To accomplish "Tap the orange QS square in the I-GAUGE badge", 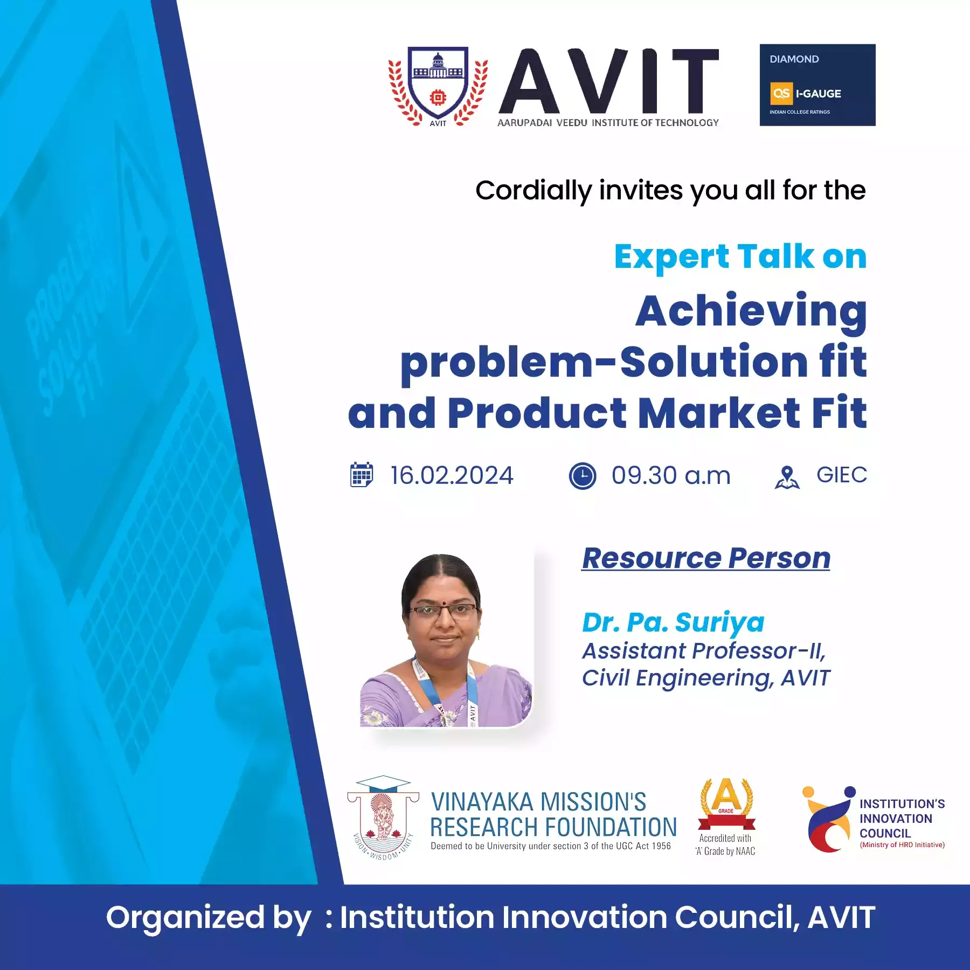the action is (x=781, y=94).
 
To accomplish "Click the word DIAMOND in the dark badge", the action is (x=794, y=59).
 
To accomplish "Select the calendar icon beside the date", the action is (x=362, y=475).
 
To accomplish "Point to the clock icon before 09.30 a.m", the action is (x=583, y=476).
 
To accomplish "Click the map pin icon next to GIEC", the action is (x=787, y=477).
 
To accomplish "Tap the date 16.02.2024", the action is (x=452, y=475).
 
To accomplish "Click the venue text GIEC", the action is (x=842, y=475).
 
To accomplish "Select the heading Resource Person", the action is (x=706, y=558).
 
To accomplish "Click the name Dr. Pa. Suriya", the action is (x=673, y=622).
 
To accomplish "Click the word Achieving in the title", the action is (x=751, y=312).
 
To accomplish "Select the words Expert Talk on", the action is (x=740, y=257).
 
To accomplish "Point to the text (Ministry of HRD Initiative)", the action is (x=902, y=845).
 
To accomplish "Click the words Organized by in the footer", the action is (x=209, y=918).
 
